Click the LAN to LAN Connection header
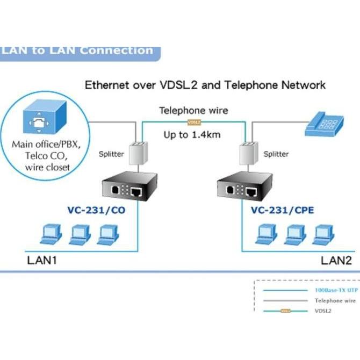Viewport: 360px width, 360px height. [x=78, y=51]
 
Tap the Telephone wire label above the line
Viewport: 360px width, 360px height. [x=193, y=111]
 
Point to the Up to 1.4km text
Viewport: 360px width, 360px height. [x=192, y=135]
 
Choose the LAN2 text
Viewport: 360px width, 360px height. [x=337, y=261]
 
